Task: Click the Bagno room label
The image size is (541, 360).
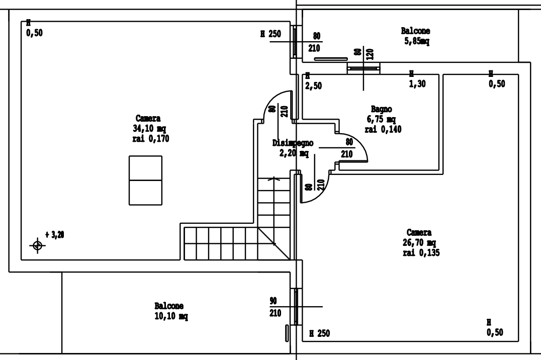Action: click(381, 110)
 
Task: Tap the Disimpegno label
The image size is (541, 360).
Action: click(293, 143)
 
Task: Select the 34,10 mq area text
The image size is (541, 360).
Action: click(149, 129)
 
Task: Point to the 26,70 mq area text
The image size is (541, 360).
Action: click(419, 243)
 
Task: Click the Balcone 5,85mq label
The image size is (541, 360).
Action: click(416, 36)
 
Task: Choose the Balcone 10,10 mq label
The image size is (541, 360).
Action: click(171, 311)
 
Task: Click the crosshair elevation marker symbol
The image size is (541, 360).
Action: click(38, 246)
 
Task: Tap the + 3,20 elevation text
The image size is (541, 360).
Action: click(55, 235)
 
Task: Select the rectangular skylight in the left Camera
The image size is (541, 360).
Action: click(146, 181)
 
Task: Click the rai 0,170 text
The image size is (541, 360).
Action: click(151, 139)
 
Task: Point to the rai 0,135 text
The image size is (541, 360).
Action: click(421, 253)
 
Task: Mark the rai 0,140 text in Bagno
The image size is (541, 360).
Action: click(383, 129)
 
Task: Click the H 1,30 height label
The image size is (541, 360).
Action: click(417, 79)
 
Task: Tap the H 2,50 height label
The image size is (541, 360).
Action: click(313, 81)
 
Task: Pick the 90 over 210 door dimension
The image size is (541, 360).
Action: click(275, 307)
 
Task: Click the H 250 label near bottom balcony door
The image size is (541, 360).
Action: click(319, 333)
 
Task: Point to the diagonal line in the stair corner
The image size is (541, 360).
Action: click(274, 243)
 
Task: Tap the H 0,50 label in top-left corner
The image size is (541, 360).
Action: click(34, 28)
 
